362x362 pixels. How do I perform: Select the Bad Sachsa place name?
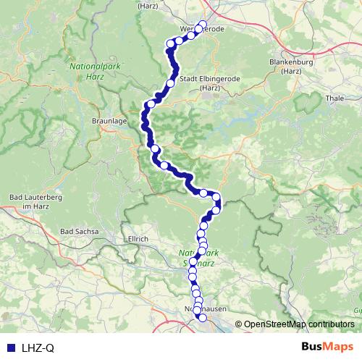(x=77, y=231)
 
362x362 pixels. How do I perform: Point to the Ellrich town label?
(x=137, y=238)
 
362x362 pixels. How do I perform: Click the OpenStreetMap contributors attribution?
(x=299, y=324)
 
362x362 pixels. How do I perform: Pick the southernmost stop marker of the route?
(x=202, y=317)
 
